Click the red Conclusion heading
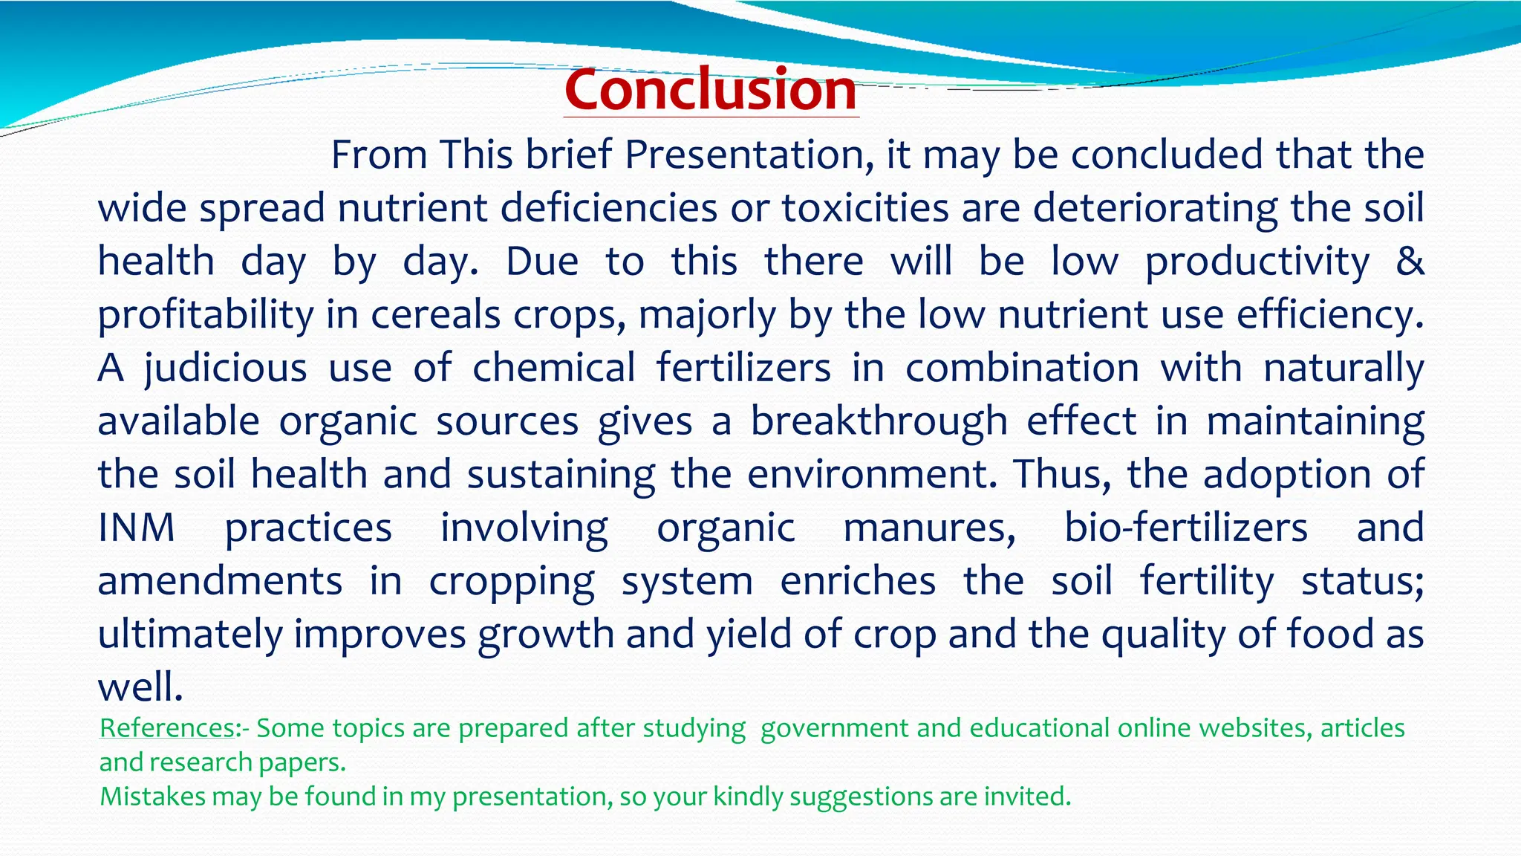[x=711, y=90]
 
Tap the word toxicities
[x=864, y=208]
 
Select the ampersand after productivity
[x=1410, y=261]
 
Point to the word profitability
[x=206, y=315]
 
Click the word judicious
[x=225, y=368]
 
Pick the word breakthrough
[x=878, y=421]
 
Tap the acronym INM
[x=137, y=528]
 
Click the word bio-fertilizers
[x=1185, y=528]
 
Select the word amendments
[x=220, y=581]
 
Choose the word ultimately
[x=190, y=635]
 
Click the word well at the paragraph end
[x=140, y=687]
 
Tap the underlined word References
[x=168, y=727]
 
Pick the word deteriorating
[x=1155, y=208]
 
